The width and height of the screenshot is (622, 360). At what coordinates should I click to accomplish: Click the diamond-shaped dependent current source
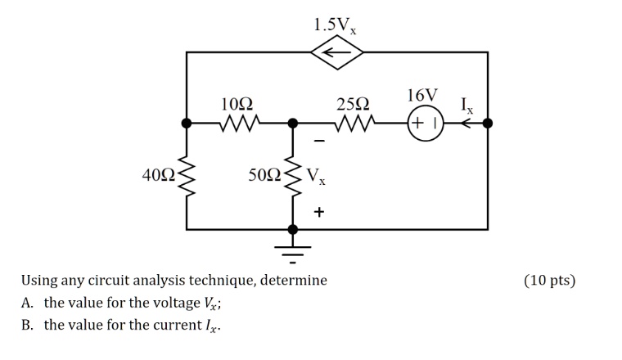tap(337, 52)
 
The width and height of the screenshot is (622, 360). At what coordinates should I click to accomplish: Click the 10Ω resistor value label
tap(237, 104)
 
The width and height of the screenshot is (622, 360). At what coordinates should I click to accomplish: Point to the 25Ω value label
tap(353, 104)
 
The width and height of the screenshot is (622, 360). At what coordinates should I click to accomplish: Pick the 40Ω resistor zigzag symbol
tap(187, 175)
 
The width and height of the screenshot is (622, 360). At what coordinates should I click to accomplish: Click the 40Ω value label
tap(158, 175)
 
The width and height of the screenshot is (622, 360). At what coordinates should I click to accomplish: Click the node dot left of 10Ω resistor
tap(187, 124)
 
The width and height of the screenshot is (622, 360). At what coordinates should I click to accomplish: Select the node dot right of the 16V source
tap(488, 124)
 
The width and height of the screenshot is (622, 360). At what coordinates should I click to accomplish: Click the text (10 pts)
tap(549, 281)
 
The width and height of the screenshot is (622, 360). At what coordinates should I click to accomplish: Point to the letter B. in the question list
tap(27, 325)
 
